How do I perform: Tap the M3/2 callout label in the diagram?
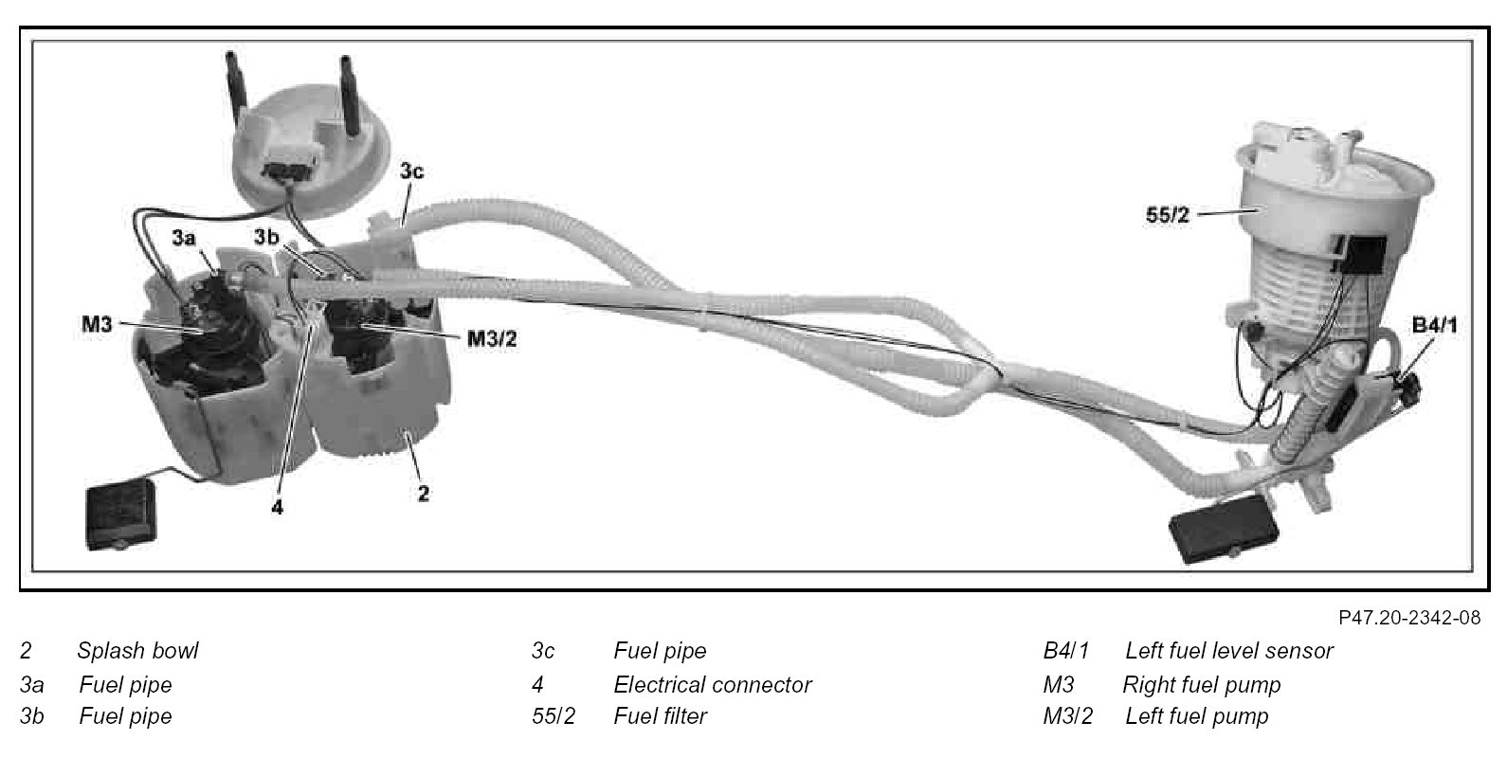491,338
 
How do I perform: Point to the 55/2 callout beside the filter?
1167,215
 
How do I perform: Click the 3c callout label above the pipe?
410,171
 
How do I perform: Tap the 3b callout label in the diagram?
265,236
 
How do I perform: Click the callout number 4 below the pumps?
277,507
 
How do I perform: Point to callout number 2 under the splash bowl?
423,494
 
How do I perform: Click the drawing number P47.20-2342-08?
1409,619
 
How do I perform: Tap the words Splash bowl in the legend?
137,652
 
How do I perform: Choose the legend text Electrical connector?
712,685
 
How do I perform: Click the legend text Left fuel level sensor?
1228,652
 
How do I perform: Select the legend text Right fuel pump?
1201,685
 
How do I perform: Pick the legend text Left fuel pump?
1196,717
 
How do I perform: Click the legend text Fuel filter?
660,717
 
